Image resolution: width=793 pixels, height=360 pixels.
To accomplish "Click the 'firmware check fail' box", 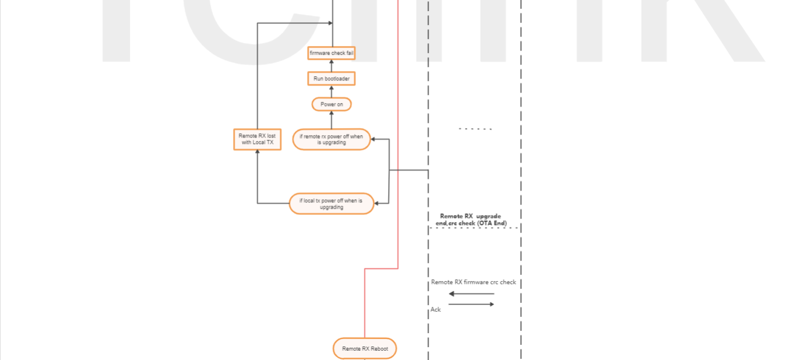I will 332,53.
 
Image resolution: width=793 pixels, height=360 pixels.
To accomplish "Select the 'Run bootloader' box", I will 331,78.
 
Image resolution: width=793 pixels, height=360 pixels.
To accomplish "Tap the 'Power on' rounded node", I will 332,104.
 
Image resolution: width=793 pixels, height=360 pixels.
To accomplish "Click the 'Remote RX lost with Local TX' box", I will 257,139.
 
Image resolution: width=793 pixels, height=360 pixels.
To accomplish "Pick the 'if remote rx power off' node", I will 331,139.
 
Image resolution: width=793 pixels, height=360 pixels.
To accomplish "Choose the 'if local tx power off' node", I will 331,203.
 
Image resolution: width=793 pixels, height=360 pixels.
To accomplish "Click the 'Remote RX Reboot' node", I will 365,348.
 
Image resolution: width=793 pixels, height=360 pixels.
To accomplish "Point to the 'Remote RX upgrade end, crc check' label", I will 471,219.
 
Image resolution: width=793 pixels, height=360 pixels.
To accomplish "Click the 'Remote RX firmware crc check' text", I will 473,282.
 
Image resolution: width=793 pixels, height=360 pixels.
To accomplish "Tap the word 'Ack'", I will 435,309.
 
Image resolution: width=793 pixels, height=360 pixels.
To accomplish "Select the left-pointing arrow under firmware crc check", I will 471,294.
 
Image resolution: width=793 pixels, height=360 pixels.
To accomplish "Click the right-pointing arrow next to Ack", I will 471,304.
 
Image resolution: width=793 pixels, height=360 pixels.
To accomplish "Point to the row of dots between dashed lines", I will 475,129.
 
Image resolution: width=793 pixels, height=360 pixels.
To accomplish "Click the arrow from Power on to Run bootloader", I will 332,91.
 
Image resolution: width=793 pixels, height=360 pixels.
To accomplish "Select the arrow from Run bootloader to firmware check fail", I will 332,65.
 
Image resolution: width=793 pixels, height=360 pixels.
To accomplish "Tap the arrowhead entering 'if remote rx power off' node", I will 373,139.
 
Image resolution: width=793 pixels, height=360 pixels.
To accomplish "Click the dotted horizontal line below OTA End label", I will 474,228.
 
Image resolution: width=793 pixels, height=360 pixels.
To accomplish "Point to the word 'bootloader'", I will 337,78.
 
